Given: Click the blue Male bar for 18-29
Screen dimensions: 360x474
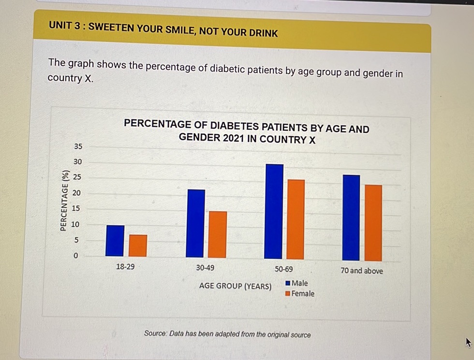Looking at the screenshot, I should (x=115, y=241).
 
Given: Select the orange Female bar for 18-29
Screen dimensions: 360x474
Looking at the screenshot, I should (x=138, y=245).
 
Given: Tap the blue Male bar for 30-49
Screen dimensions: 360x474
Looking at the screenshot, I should (x=195, y=223).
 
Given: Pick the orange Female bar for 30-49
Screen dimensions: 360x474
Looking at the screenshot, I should (x=217, y=234).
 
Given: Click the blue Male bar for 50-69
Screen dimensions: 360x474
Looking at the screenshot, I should (x=274, y=212).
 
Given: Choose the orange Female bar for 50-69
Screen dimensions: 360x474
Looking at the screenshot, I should (x=296, y=219).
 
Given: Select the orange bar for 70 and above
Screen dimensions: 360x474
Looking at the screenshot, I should (x=373, y=223).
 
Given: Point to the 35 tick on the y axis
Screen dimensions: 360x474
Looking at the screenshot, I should (x=78, y=146).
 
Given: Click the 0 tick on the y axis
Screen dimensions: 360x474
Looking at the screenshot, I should (x=75, y=256).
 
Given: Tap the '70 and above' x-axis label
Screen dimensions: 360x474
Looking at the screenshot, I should (x=361, y=271).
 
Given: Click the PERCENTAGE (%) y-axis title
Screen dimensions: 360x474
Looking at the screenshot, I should (x=63, y=201).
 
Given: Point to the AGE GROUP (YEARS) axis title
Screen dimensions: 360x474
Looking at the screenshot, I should (x=235, y=286).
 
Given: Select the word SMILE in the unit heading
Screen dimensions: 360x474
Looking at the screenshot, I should (x=172, y=29).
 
